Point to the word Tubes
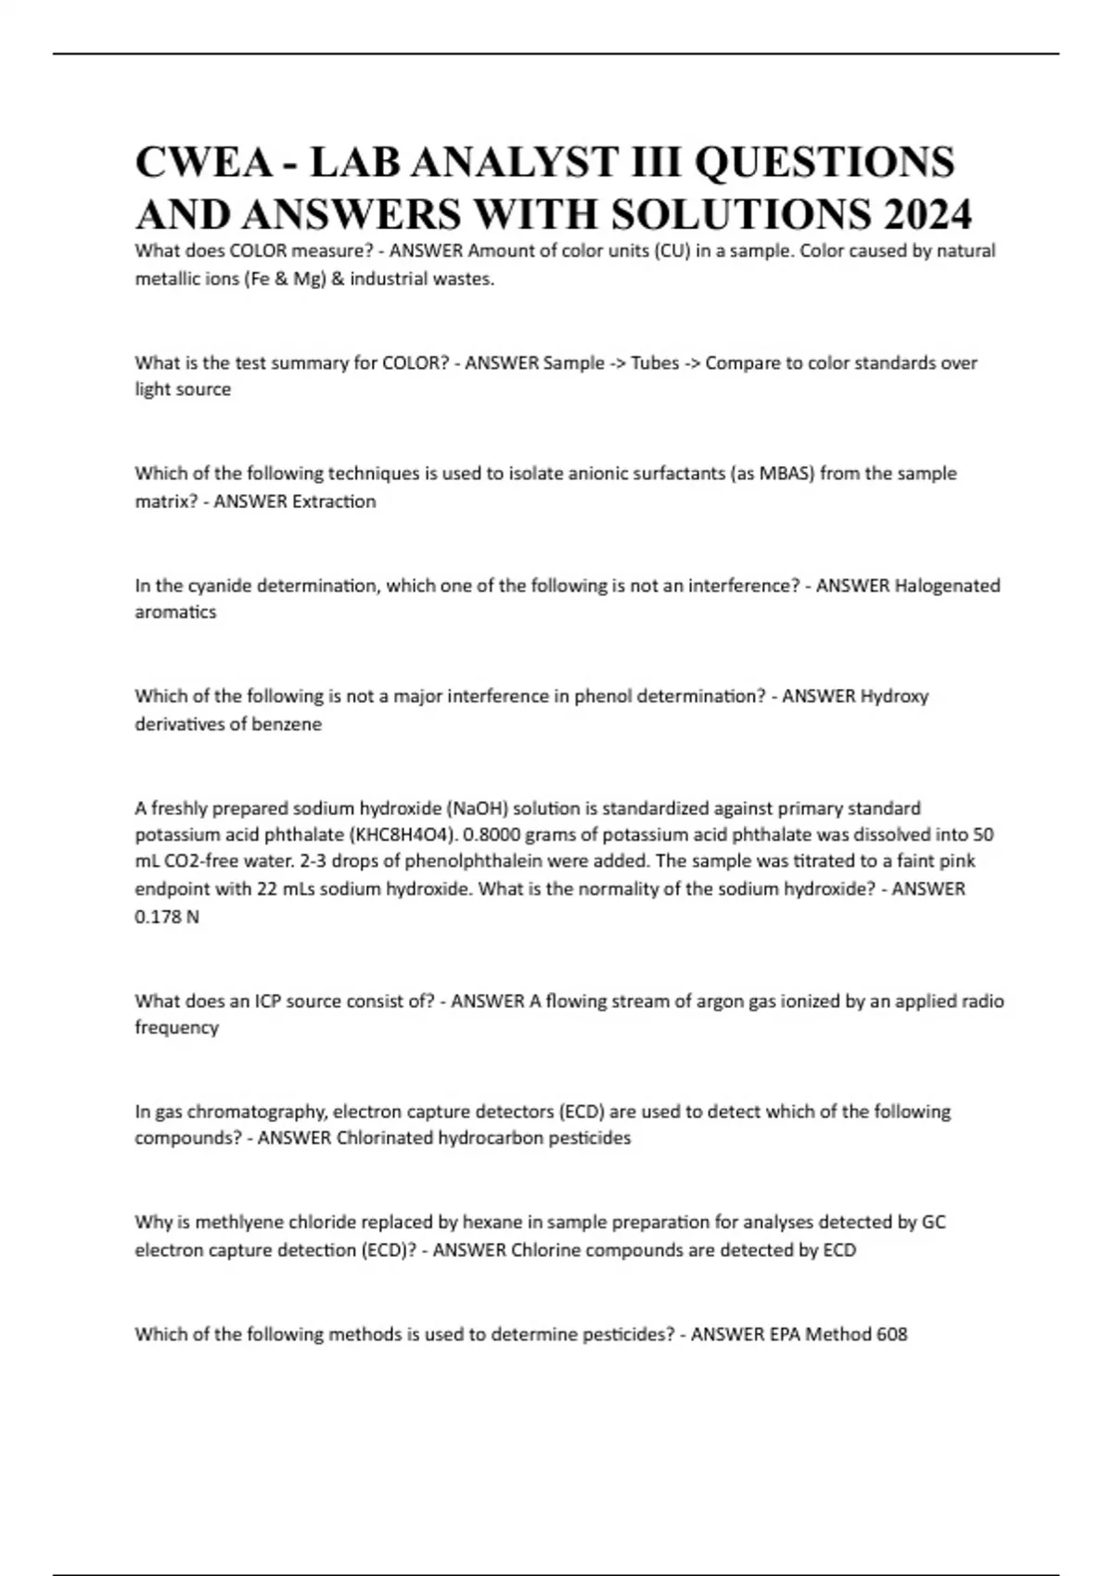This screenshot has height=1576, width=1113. [655, 362]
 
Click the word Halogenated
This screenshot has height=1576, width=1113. [947, 586]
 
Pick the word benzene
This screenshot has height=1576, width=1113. [284, 724]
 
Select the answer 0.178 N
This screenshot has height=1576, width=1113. [167, 917]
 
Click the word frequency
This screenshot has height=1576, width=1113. [177, 1027]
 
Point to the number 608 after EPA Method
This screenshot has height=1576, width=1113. [892, 1334]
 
